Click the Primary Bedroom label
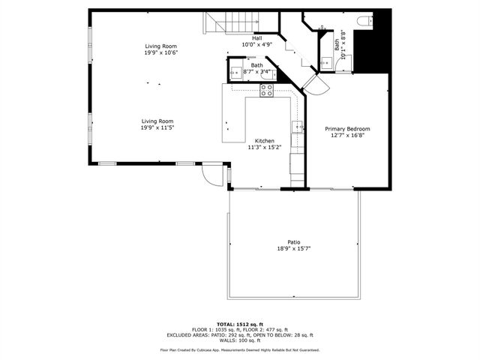[x=347, y=129]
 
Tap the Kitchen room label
[x=264, y=141]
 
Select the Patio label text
[x=294, y=241]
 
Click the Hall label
[x=256, y=38]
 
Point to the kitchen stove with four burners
[x=266, y=91]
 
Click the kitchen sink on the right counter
[x=298, y=125]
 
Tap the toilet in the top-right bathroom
[x=365, y=20]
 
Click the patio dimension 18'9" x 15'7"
[x=294, y=248]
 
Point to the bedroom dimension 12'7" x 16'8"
[x=347, y=136]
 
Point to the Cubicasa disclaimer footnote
[x=240, y=349]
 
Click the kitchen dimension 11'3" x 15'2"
[x=264, y=148]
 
